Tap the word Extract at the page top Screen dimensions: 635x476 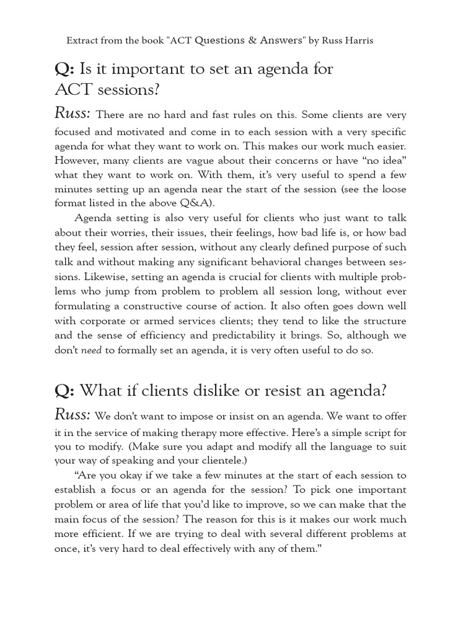83,41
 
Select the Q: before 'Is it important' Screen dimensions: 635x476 64,69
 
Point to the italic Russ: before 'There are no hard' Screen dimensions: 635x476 73,114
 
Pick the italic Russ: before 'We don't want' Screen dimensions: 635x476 73,415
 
